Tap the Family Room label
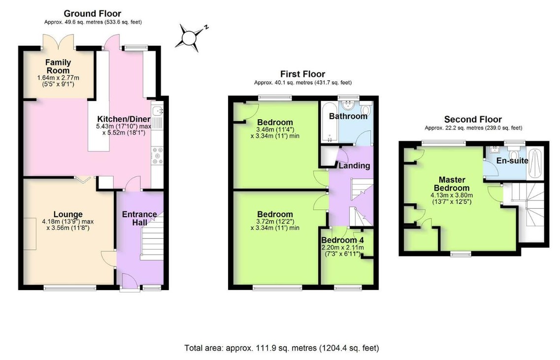click(x=58, y=66)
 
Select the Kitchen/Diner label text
click(x=124, y=119)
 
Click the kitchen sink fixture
click(x=157, y=111)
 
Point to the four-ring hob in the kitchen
click(x=157, y=156)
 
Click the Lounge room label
click(x=68, y=214)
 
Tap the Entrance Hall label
click(x=140, y=218)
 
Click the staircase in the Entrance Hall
click(x=152, y=237)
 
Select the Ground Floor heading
click(x=93, y=14)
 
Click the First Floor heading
click(x=302, y=74)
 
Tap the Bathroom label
click(x=348, y=116)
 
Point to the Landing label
click(x=354, y=165)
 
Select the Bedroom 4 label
click(x=342, y=240)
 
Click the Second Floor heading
click(x=473, y=119)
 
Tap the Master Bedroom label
click(x=452, y=184)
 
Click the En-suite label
click(x=512, y=161)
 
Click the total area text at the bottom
click(x=281, y=348)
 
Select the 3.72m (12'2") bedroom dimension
click(x=275, y=222)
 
